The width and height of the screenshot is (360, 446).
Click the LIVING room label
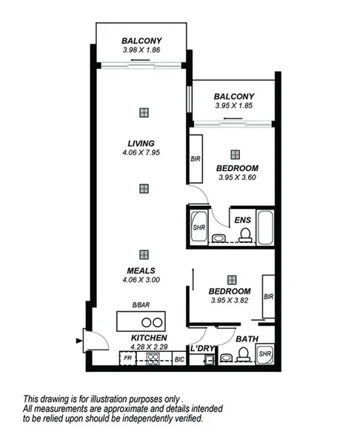(x=140, y=143)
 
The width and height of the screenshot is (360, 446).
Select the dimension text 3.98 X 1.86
(x=141, y=50)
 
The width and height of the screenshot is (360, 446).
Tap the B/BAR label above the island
(x=141, y=306)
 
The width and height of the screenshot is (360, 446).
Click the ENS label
(x=241, y=220)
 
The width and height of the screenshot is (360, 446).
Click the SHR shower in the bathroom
(x=264, y=355)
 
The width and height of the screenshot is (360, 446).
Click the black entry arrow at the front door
(x=79, y=342)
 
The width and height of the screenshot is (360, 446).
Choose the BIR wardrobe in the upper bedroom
(x=196, y=159)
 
